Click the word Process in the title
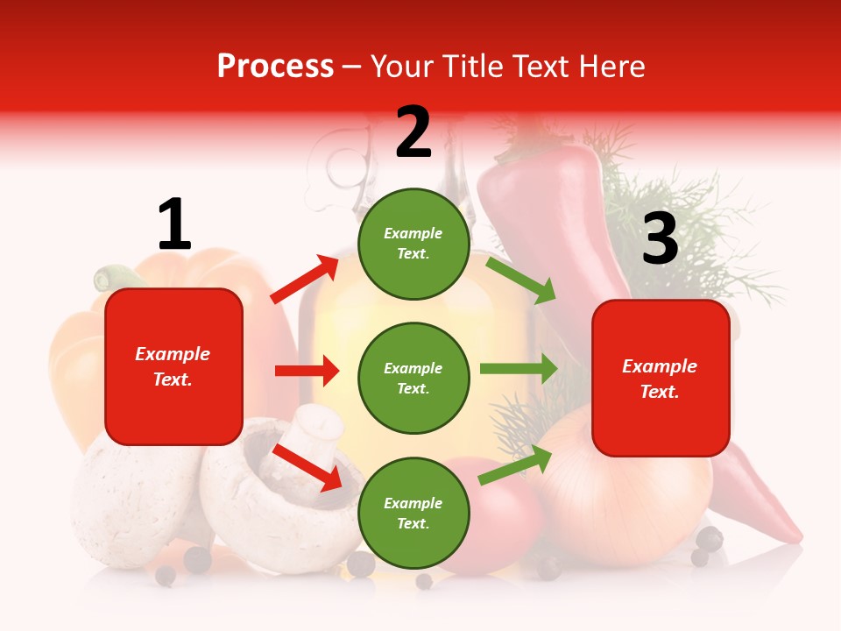[275, 67]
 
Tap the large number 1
[174, 225]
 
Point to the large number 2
[413, 132]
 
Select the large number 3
[660, 240]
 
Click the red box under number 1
[173, 366]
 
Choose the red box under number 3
[661, 379]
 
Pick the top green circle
[413, 244]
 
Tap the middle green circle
[413, 378]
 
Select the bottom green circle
[413, 513]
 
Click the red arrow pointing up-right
[305, 280]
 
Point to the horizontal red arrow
[307, 371]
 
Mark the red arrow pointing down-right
[307, 466]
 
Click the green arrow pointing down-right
[521, 280]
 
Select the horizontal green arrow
[519, 369]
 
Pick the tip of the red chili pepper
[794, 535]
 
